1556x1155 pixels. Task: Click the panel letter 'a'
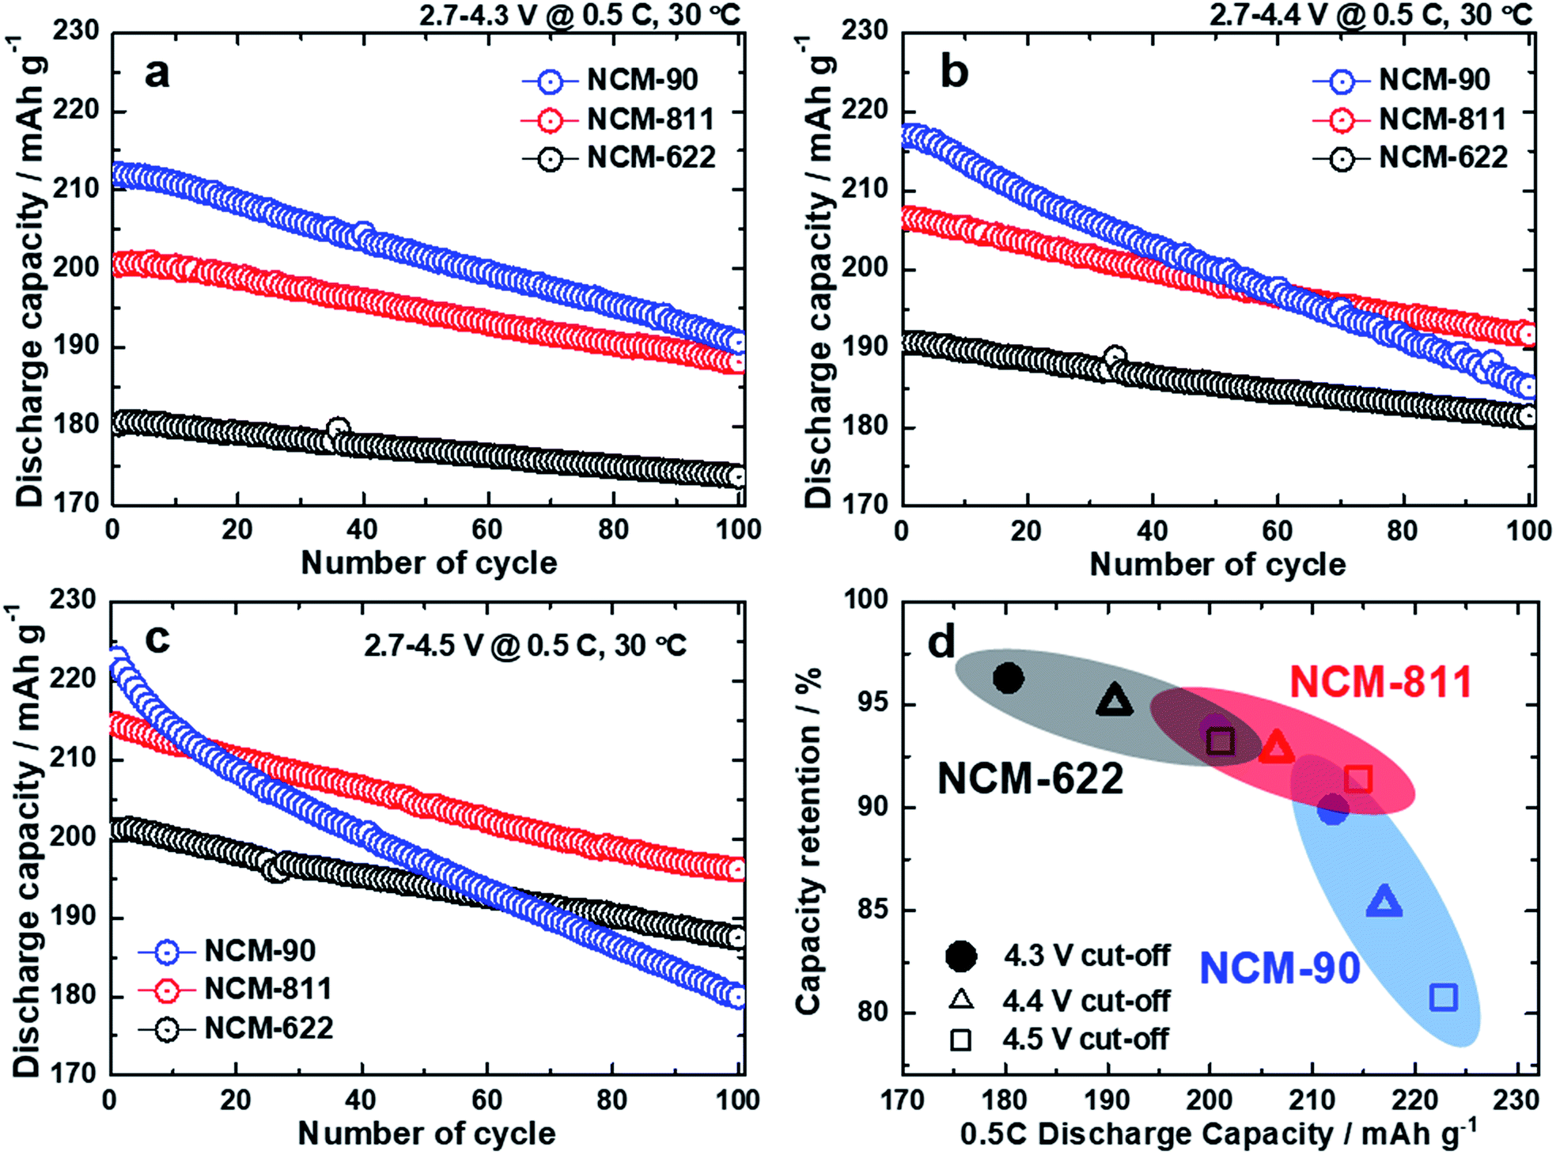(157, 74)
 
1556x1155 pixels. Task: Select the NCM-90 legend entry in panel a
(642, 80)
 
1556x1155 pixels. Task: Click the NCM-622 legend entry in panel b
(1442, 158)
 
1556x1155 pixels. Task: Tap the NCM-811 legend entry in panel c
(267, 989)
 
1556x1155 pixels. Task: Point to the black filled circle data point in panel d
(1008, 678)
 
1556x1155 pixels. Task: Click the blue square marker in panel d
(1444, 998)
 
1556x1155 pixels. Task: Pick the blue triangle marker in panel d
(1384, 902)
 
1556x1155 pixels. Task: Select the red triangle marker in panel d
(1276, 747)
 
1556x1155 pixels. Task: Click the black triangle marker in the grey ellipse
(1115, 700)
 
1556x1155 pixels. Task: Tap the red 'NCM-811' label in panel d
(1380, 681)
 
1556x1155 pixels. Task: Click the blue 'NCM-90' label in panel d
(1279, 968)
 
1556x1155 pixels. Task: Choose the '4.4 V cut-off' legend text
(1085, 1002)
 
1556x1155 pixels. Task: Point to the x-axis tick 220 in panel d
(1415, 1100)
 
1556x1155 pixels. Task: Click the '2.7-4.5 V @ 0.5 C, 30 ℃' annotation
(525, 646)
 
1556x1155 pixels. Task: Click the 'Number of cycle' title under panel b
(1217, 564)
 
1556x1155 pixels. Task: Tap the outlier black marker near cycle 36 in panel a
(338, 430)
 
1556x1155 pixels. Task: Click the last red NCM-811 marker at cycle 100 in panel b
(1528, 335)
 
